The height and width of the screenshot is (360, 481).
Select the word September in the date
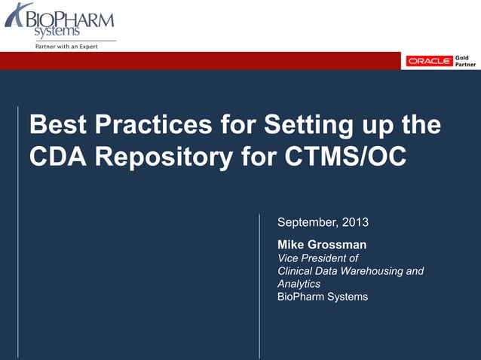click(x=308, y=223)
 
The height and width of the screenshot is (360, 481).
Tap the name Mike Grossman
click(x=322, y=245)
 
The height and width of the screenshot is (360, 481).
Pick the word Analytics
click(x=299, y=284)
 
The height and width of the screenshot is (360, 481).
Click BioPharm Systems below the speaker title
click(x=323, y=297)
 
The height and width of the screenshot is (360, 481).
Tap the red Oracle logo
click(x=430, y=61)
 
